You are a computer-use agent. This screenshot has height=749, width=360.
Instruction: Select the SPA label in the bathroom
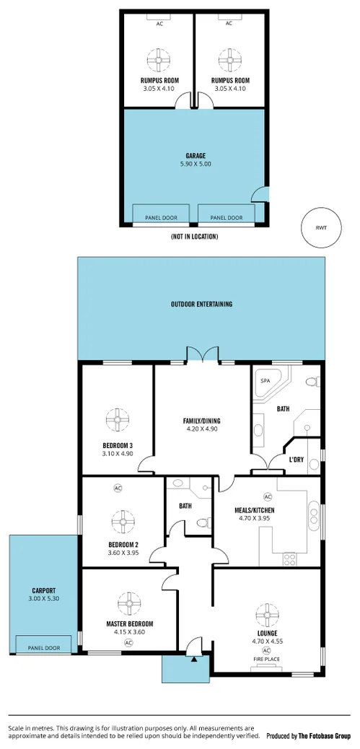pos(265,380)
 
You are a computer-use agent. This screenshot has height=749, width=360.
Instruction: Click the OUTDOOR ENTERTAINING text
pos(201,305)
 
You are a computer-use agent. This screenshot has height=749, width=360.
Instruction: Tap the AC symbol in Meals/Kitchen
pos(267,496)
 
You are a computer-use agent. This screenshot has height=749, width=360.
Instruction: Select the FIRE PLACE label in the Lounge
pos(267,660)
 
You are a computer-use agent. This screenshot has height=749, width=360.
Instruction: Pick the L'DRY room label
pos(296,459)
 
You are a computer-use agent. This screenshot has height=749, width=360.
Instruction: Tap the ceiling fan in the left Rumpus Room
pos(158,58)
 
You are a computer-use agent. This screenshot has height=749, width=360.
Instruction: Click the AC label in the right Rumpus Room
pos(229,24)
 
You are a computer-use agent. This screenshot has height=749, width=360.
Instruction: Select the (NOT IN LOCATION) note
pos(194,236)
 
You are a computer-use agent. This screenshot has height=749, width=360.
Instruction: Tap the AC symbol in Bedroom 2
pos(118,489)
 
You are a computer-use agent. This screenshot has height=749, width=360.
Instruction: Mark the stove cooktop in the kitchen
pos(291,558)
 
